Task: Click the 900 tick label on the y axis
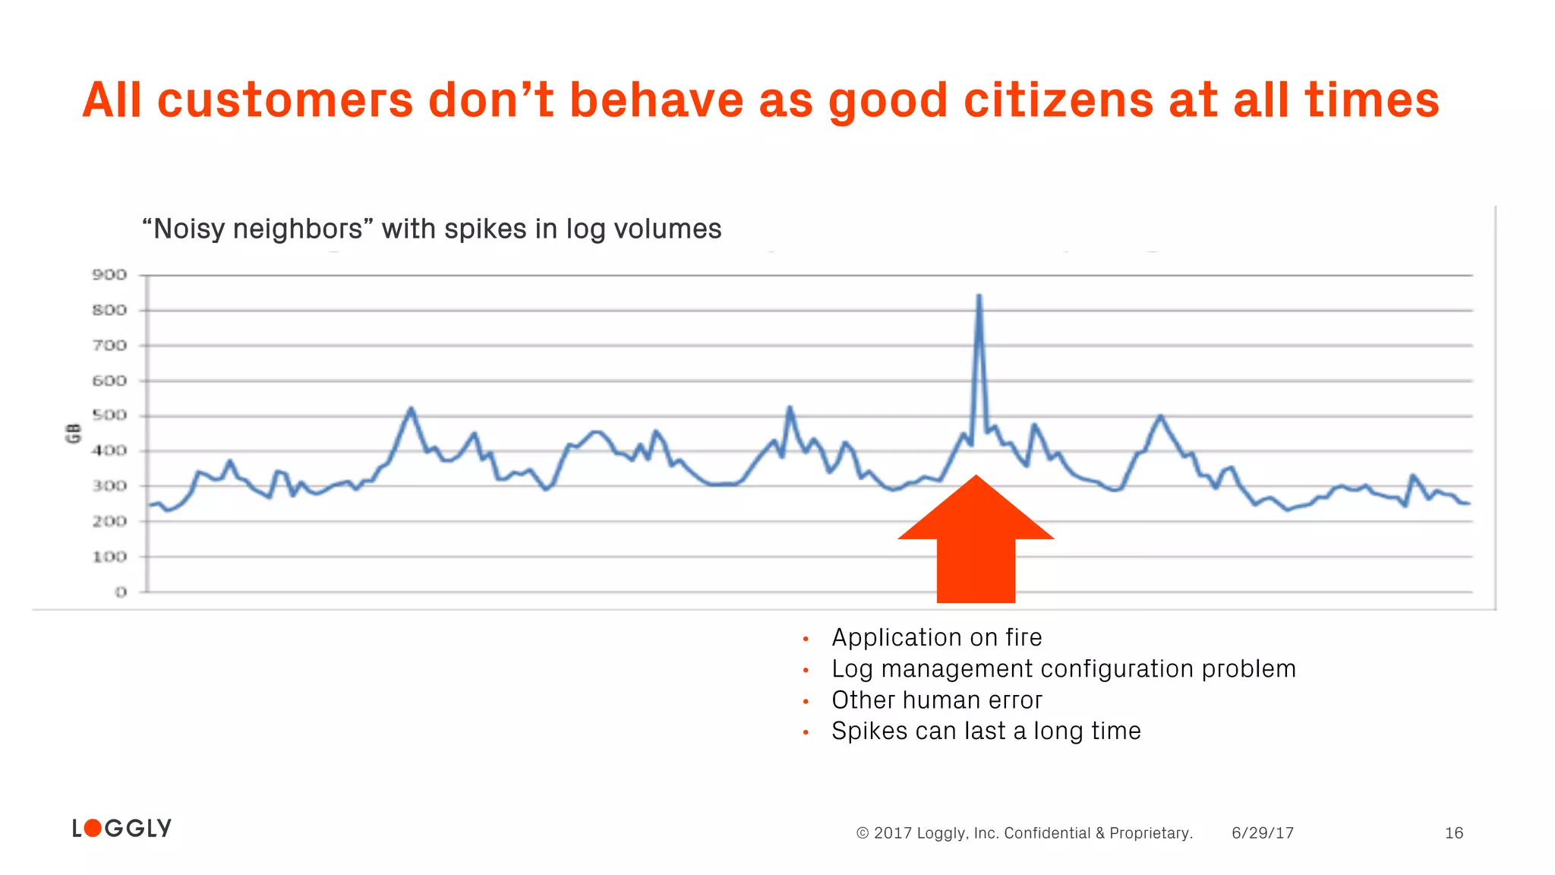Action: tap(109, 275)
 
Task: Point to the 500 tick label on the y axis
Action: tap(109, 415)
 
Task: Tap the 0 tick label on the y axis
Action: tap(121, 592)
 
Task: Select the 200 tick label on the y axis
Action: tap(109, 521)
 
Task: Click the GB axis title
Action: tap(74, 434)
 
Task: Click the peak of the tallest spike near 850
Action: tap(979, 296)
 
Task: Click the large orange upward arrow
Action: tap(976, 543)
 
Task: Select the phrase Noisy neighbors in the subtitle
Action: tap(257, 229)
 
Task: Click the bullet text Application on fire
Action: tap(936, 637)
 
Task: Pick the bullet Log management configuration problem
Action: tap(1063, 668)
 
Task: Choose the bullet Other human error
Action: tap(936, 700)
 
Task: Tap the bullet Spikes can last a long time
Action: tap(986, 731)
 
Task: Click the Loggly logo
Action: tap(122, 828)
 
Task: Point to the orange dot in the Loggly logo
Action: tap(93, 828)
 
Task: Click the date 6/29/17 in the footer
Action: tap(1262, 833)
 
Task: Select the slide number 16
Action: tap(1453, 833)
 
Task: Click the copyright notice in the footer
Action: tap(1024, 833)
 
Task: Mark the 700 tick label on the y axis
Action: tap(109, 346)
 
